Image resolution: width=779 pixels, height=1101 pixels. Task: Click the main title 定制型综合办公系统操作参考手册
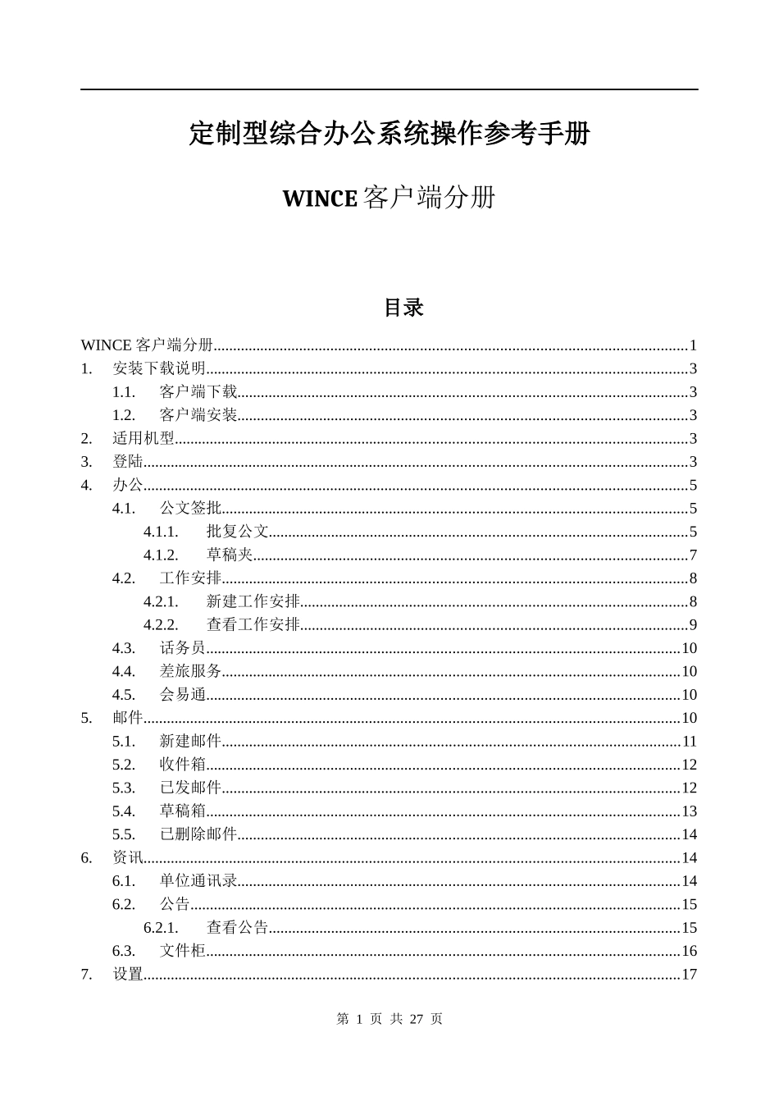click(389, 134)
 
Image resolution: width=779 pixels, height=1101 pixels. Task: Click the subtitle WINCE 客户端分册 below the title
click(389, 199)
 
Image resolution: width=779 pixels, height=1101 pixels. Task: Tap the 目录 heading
click(403, 308)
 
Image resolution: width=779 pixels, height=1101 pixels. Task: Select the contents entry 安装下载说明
click(159, 368)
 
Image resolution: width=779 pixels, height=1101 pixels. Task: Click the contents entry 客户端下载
click(198, 392)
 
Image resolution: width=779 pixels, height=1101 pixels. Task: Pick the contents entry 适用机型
click(143, 438)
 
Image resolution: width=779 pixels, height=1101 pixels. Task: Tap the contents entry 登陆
click(128, 462)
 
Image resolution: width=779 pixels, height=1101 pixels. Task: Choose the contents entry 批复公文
click(238, 532)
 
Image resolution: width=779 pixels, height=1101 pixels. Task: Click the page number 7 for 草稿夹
click(693, 555)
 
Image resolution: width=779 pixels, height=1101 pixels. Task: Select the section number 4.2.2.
click(161, 625)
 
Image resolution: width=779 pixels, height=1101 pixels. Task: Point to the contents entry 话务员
click(183, 648)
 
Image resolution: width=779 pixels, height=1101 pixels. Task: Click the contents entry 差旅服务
click(190, 671)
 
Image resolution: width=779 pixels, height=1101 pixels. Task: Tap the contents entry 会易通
click(183, 695)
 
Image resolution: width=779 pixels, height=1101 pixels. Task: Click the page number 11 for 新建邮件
click(689, 742)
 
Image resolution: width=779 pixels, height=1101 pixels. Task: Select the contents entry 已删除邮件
click(198, 834)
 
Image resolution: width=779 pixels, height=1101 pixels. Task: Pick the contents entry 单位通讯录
click(198, 881)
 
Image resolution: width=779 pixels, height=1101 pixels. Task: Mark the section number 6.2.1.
click(161, 928)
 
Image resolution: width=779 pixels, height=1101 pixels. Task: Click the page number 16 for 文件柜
click(689, 952)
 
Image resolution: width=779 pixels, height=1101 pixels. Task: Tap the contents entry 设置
click(128, 975)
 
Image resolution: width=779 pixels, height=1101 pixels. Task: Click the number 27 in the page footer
click(416, 1019)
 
